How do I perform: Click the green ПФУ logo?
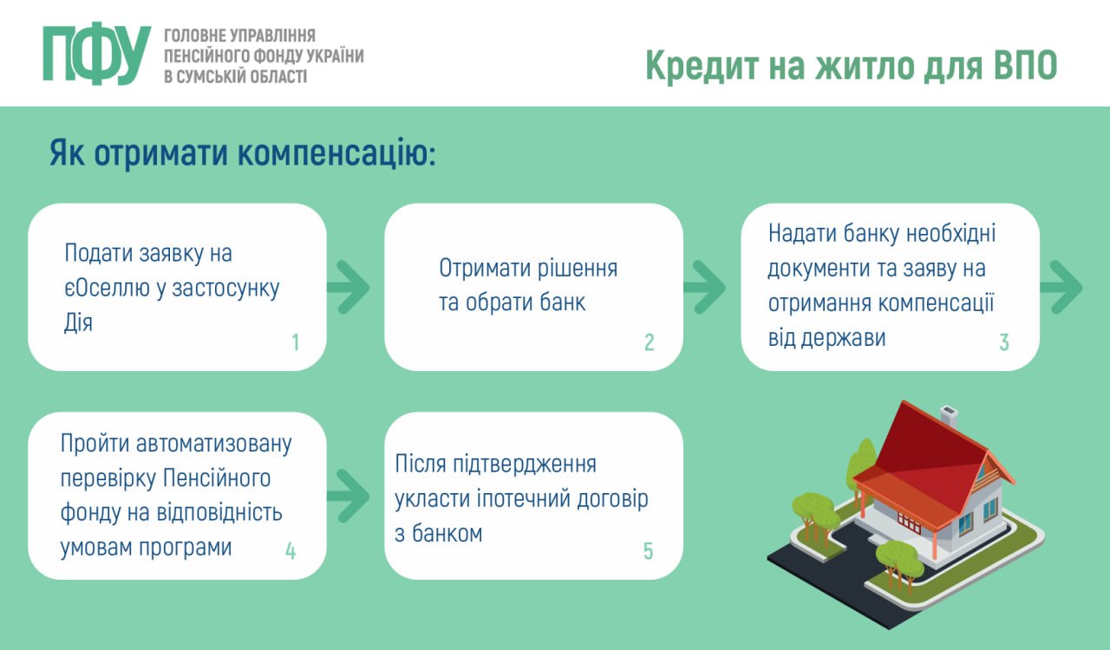tap(96, 53)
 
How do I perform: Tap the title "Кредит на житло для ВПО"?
tap(852, 65)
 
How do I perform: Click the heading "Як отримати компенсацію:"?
tap(242, 153)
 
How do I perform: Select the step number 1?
tap(296, 342)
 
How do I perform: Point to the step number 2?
tap(650, 342)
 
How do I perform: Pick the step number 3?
tap(1004, 342)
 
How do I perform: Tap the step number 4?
tap(291, 551)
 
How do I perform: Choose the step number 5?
tap(648, 551)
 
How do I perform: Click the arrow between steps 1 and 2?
tap(349, 288)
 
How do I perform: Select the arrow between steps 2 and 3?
tap(705, 288)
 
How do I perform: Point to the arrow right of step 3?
tap(1061, 288)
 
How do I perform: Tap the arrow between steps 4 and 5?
tap(349, 496)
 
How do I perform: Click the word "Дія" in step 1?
tap(78, 322)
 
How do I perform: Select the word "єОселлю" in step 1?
tap(107, 288)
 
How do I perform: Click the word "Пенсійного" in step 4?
tap(217, 478)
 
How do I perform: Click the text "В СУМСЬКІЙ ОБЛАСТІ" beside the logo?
tap(235, 77)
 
